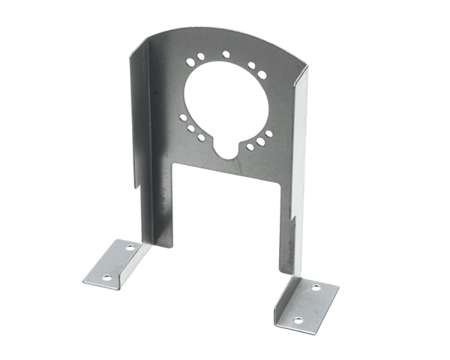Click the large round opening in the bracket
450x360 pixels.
pos(225,101)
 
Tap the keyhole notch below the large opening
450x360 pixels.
pos(226,148)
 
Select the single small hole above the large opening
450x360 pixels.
pos(226,54)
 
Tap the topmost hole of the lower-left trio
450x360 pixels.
pos(183,116)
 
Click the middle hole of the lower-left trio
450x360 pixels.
pos(192,128)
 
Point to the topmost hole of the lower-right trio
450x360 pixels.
pos(268,134)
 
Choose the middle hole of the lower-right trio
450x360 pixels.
pos(260,141)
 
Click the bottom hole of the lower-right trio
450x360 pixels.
pos(250,147)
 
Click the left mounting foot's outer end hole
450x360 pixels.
pos(106,277)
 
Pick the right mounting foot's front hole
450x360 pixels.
pos(298,320)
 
